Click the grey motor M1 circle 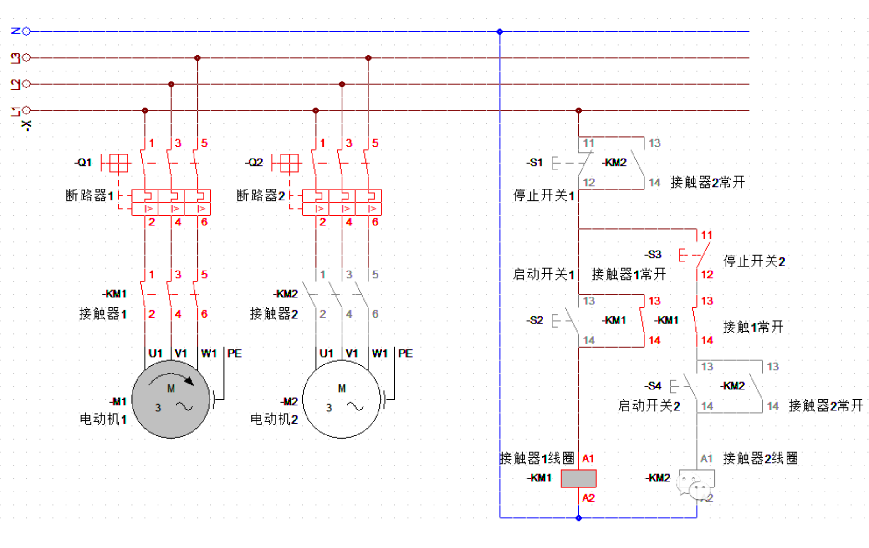(171, 399)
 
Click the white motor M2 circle (342, 399)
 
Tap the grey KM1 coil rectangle (578, 478)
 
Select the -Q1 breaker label (83, 163)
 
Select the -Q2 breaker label (254, 163)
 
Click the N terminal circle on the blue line (26, 31)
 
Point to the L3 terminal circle (26, 58)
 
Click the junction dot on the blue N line (500, 31)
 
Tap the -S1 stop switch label (535, 163)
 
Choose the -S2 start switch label (535, 320)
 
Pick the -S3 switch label (653, 255)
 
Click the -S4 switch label (653, 386)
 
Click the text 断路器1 (89, 195)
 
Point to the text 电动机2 (274, 419)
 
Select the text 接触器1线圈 (537, 458)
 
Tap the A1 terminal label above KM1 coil (588, 459)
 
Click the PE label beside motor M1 (234, 353)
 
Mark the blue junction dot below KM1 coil (578, 518)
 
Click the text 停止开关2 (754, 261)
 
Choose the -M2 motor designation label (289, 402)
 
